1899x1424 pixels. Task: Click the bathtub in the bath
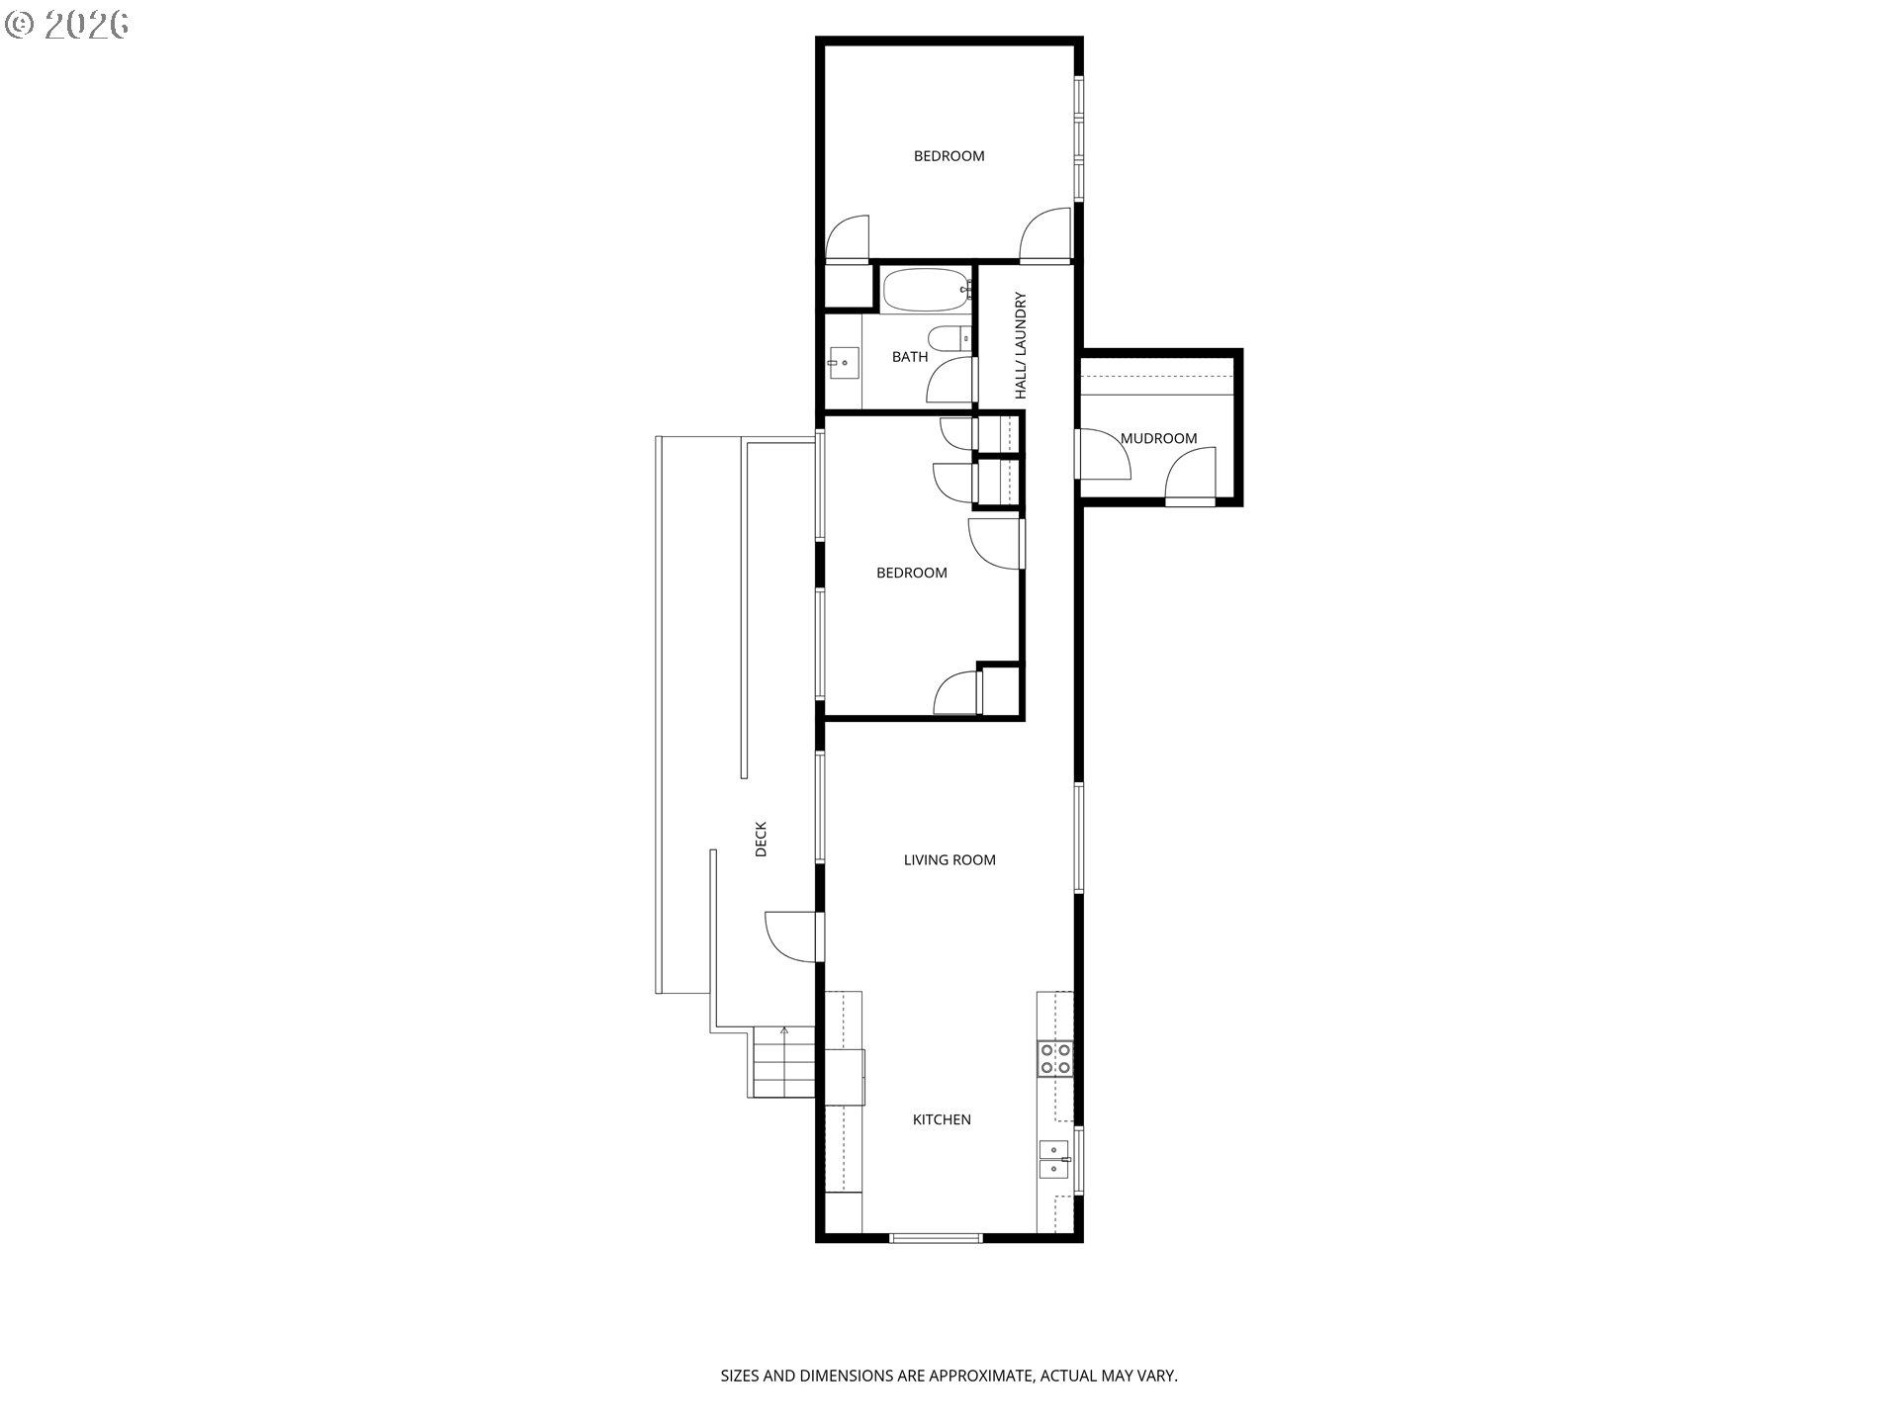[x=924, y=290]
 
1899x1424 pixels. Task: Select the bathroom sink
[x=844, y=363]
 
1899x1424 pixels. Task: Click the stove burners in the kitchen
[x=1055, y=1057]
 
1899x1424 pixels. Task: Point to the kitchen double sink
[x=1054, y=1159]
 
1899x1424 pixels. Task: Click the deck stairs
[x=784, y=1062]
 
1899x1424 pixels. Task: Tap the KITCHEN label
[x=942, y=1119]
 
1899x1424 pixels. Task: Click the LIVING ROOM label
[x=949, y=860]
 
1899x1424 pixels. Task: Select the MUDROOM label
[x=1158, y=438]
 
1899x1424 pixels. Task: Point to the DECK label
[x=761, y=839]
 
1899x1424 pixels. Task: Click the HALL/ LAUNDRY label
[x=1021, y=345]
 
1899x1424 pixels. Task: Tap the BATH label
[x=910, y=357]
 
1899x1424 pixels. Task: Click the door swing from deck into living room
[x=794, y=935]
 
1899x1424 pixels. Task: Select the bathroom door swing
[x=950, y=381]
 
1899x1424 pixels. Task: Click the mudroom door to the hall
[x=1104, y=455]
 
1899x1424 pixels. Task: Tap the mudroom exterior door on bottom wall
[x=1190, y=476]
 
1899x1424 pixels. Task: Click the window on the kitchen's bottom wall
[x=936, y=1237]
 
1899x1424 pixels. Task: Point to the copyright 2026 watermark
[x=67, y=25]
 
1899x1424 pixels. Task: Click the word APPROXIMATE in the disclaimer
[x=975, y=1376]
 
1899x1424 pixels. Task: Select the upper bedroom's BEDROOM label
[x=949, y=156]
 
